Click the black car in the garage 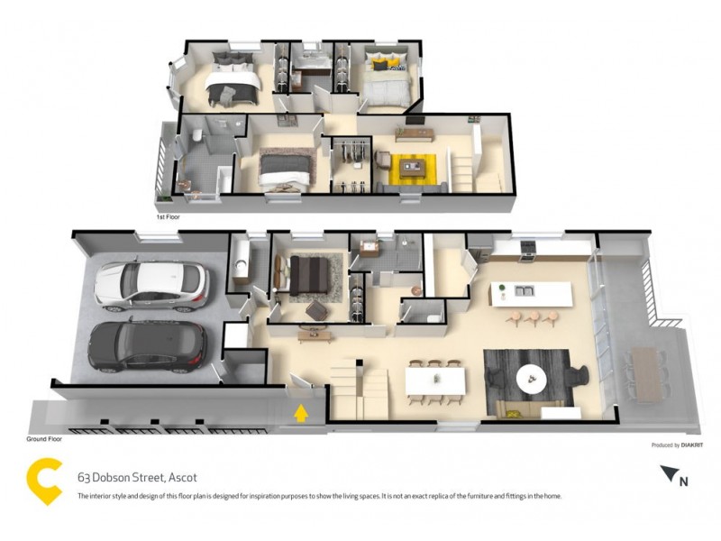148,345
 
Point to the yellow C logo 44,478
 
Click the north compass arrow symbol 670,473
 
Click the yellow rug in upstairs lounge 414,167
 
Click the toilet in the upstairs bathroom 196,137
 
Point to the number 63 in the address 85,477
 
